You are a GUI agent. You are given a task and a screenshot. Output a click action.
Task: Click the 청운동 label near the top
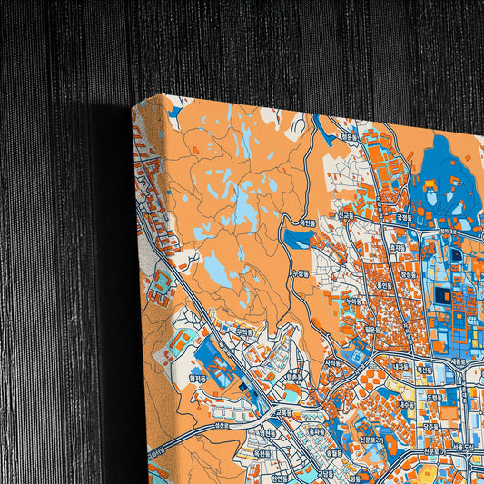click(348, 138)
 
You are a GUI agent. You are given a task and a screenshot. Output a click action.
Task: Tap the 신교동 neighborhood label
click(345, 215)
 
